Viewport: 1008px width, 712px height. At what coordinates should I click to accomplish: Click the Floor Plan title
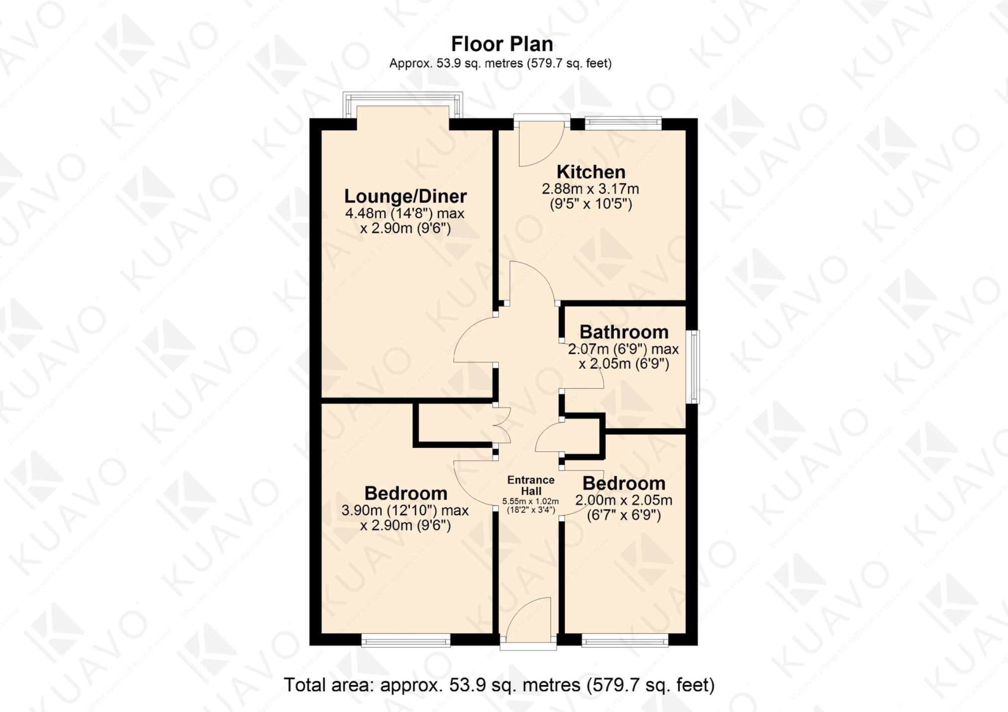pyautogui.click(x=502, y=44)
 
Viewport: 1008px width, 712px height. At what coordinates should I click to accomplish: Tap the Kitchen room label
pyautogui.click(x=591, y=172)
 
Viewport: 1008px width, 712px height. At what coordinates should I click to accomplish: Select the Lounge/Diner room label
pyautogui.click(x=405, y=196)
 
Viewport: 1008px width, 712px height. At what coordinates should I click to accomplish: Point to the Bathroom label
pyautogui.click(x=624, y=332)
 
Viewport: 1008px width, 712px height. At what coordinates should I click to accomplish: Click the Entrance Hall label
pyautogui.click(x=531, y=485)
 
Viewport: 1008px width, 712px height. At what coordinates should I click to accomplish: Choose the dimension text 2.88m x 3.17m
pyautogui.click(x=590, y=189)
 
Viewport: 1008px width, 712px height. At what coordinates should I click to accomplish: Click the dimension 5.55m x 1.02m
pyautogui.click(x=530, y=502)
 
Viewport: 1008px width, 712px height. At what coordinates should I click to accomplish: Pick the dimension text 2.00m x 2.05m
pyautogui.click(x=624, y=500)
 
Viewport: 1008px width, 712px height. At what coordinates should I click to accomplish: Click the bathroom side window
pyautogui.click(x=693, y=367)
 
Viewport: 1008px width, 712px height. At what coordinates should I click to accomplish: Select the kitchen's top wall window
pyautogui.click(x=623, y=122)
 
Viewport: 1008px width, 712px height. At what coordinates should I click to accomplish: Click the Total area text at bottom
pyautogui.click(x=499, y=685)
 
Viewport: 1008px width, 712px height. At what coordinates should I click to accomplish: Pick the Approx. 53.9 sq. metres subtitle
pyautogui.click(x=500, y=64)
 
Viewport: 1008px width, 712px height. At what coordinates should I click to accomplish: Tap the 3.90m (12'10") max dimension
pyautogui.click(x=405, y=510)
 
